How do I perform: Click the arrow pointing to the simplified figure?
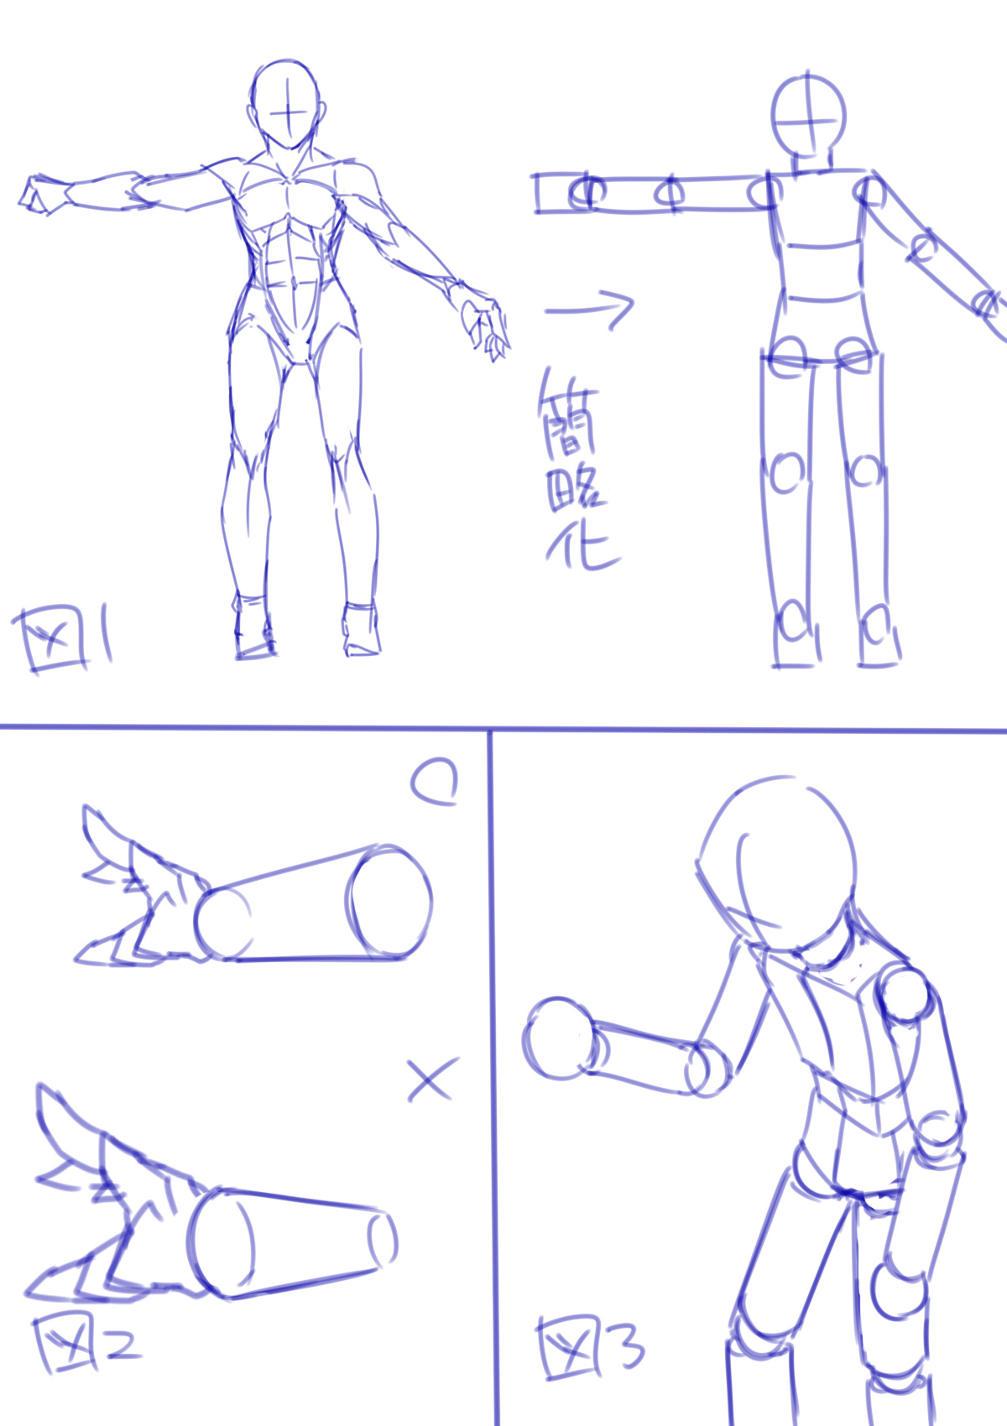[x=589, y=310]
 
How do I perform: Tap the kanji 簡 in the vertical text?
[x=568, y=414]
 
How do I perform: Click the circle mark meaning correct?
[x=435, y=782]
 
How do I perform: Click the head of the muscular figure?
[x=286, y=104]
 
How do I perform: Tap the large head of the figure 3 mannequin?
[x=777, y=862]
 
